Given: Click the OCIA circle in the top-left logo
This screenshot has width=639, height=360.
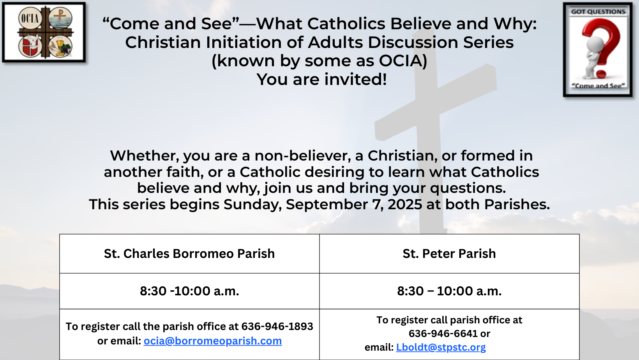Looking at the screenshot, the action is tap(30, 19).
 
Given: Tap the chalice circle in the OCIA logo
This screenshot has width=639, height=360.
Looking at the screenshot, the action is tap(60, 46).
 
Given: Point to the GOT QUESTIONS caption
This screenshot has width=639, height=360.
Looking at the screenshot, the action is tap(598, 12).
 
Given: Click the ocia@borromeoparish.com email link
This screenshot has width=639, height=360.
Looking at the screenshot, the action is tap(212, 341).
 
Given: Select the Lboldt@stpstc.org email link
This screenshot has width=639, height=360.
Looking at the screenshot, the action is tap(441, 347).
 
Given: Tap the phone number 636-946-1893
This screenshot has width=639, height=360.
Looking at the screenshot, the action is tap(277, 326).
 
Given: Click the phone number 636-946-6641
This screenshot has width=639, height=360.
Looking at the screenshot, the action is tap(443, 333).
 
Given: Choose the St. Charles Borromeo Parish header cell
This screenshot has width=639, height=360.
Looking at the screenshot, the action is tap(189, 254).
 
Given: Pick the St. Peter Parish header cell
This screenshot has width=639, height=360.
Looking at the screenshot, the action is tap(449, 254).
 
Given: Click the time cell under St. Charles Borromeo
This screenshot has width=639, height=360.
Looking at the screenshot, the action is tap(189, 291).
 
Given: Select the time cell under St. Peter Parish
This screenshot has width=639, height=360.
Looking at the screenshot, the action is tap(449, 291).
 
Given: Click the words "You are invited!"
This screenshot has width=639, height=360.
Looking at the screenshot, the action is tap(322, 79).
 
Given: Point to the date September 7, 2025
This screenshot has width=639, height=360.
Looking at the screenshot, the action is tap(354, 205).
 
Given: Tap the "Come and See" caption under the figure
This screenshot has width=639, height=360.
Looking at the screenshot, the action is tap(598, 86).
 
